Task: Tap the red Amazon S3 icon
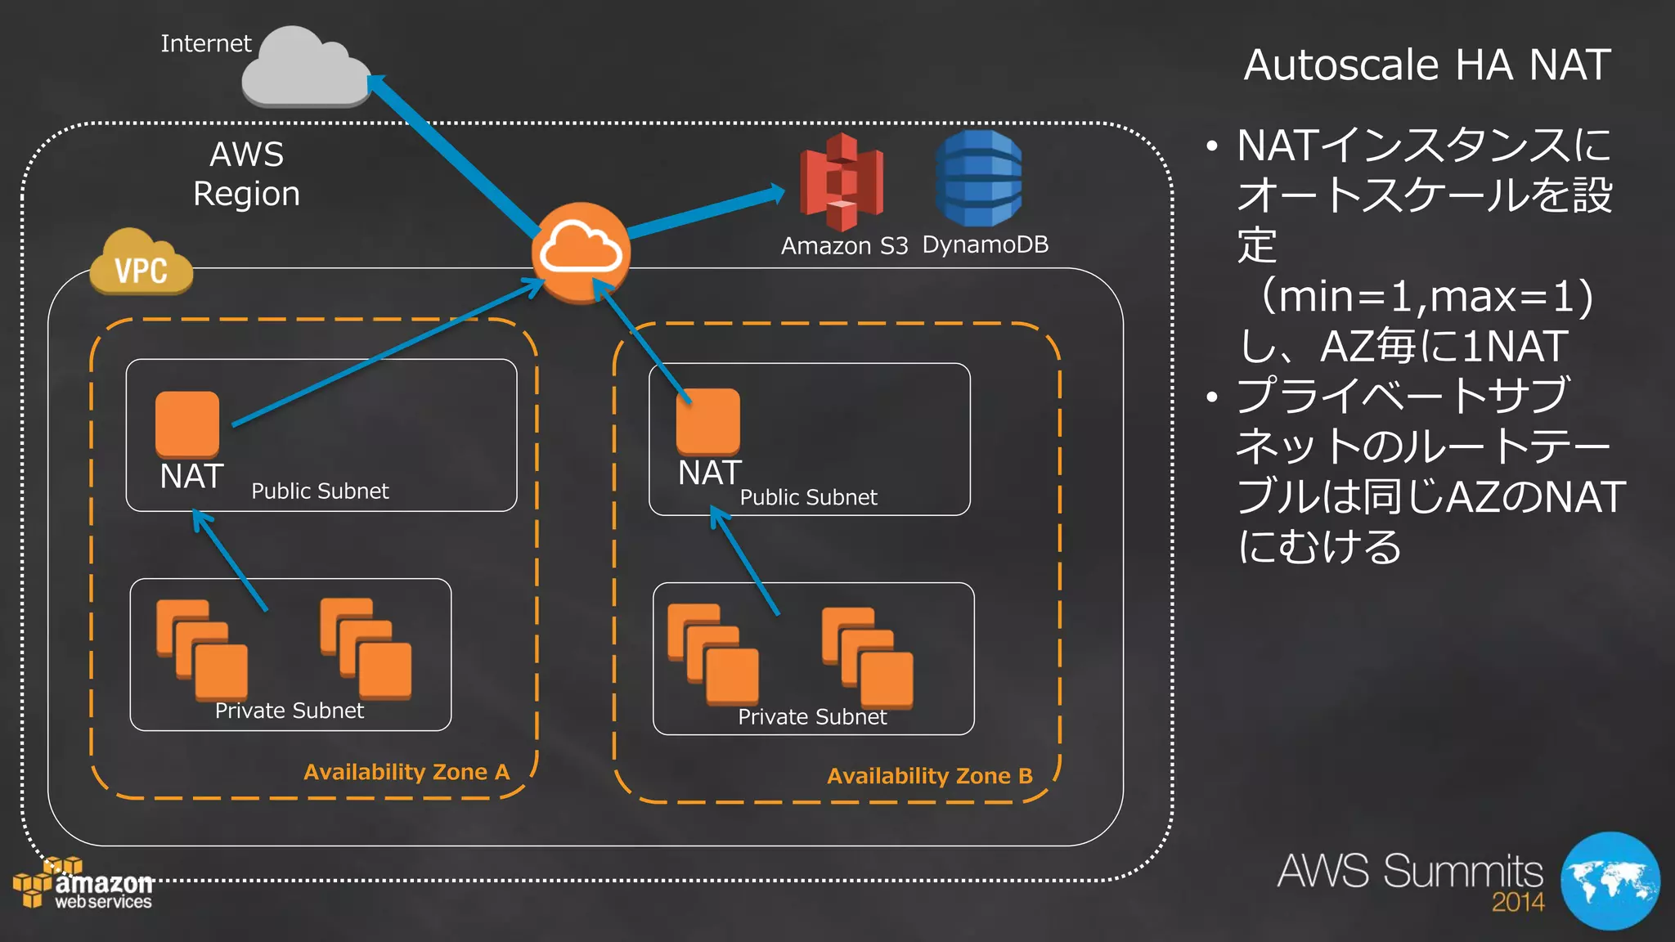842,182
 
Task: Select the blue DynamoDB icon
978,179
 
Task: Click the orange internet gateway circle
581,253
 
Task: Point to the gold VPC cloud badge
141,263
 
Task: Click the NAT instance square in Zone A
187,424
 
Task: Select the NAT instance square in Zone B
708,420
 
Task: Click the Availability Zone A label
406,772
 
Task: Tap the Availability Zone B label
929,776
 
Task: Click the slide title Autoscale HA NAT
1427,65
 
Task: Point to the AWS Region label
247,174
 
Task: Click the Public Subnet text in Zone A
320,491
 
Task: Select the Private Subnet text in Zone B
812,717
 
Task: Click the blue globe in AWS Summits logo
1610,881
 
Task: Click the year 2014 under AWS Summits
1518,903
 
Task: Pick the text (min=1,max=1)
1427,296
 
